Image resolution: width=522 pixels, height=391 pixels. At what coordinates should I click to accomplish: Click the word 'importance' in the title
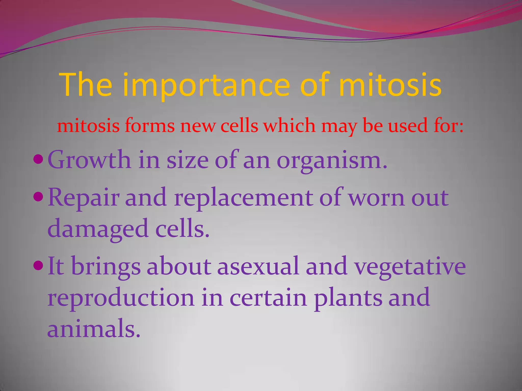click(206, 85)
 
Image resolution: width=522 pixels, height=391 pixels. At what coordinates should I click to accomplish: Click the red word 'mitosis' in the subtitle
click(88, 126)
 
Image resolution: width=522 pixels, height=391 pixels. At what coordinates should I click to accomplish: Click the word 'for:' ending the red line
click(449, 126)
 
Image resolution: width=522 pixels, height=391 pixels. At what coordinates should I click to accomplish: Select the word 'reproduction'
click(121, 298)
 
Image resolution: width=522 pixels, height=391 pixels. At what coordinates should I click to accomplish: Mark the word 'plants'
click(348, 298)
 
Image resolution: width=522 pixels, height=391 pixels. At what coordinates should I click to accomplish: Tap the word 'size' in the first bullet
click(187, 160)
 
